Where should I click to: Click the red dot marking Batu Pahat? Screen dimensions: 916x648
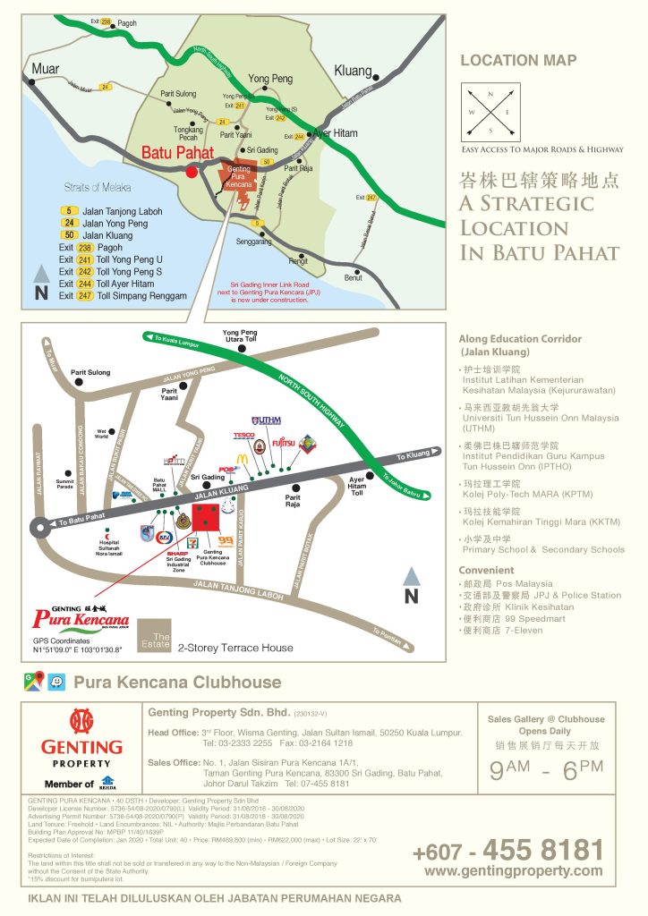coord(191,172)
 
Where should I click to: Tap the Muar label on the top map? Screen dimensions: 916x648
coord(46,69)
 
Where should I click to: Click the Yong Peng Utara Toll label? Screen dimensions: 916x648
coord(239,337)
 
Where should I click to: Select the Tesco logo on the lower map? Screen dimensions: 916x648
coord(243,436)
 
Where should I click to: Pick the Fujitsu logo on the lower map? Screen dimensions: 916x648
coord(283,440)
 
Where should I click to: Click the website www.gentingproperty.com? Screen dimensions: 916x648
coord(513,870)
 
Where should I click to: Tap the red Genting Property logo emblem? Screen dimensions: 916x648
coord(81,723)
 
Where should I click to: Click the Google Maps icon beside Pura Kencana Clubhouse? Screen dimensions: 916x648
coord(33,682)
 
